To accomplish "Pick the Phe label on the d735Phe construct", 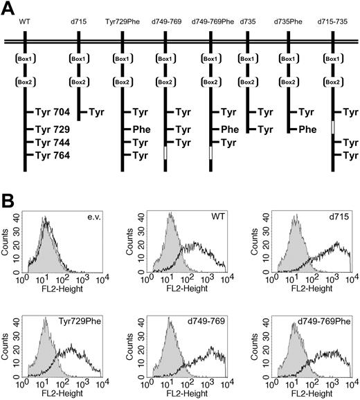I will (x=308, y=129).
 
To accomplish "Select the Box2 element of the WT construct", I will (x=24, y=82).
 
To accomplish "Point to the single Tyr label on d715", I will (x=96, y=112).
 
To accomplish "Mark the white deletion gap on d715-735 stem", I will (x=334, y=128).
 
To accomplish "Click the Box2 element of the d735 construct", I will (x=245, y=82).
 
